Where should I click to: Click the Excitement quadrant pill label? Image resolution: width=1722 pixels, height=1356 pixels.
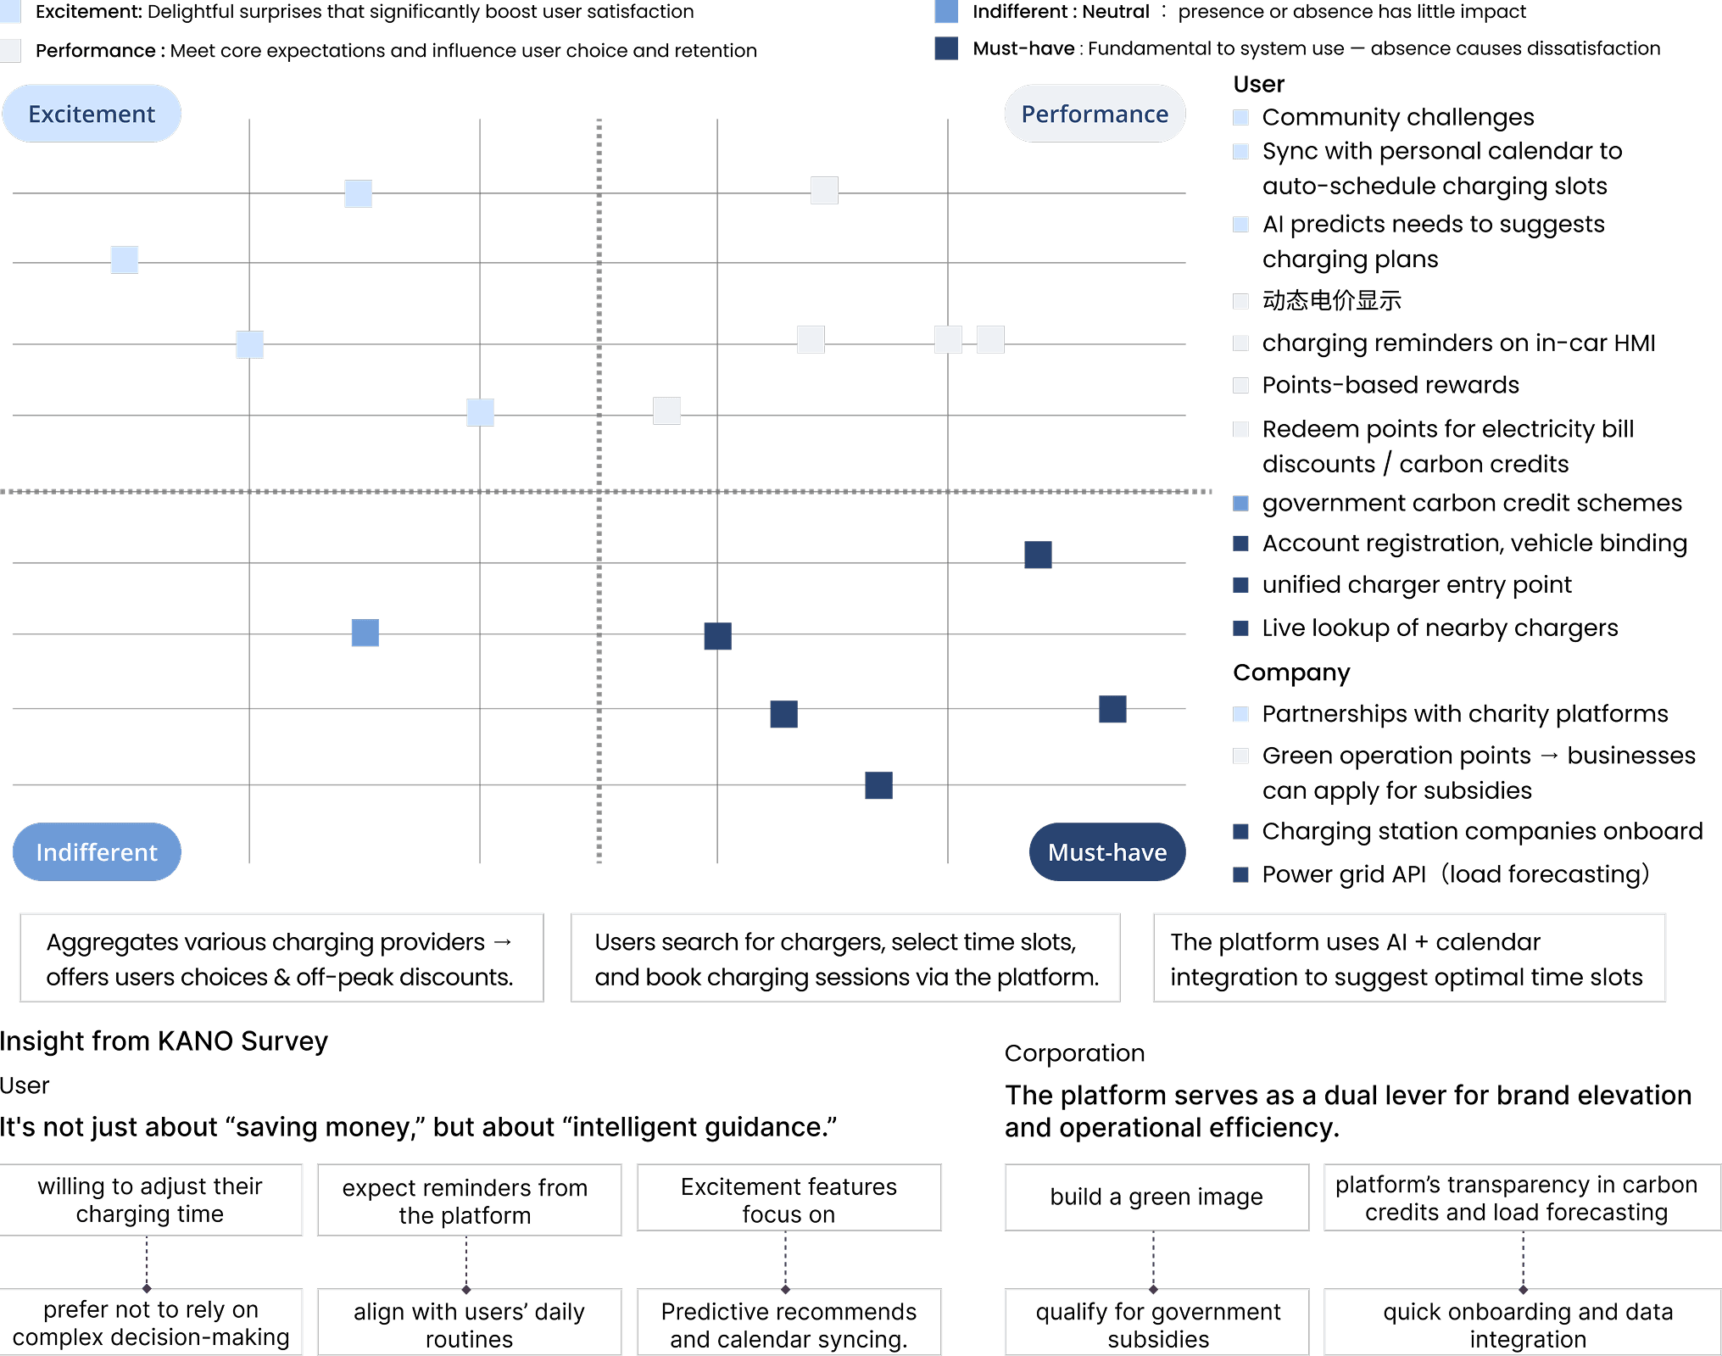pyautogui.click(x=92, y=114)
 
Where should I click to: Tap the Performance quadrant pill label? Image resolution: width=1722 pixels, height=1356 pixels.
pyautogui.click(x=1094, y=114)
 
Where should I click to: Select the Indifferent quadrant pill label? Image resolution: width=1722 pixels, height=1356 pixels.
pyautogui.click(x=97, y=851)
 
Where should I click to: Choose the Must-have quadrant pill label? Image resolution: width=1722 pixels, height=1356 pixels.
pyautogui.click(x=1106, y=851)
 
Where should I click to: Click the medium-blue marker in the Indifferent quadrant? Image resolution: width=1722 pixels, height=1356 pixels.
pyautogui.click(x=365, y=633)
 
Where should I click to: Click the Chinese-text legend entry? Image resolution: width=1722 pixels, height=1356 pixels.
pyautogui.click(x=1331, y=300)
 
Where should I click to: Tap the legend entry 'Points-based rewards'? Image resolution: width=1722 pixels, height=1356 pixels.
pyautogui.click(x=1390, y=385)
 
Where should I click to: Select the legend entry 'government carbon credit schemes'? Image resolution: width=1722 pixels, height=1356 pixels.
pyautogui.click(x=1471, y=503)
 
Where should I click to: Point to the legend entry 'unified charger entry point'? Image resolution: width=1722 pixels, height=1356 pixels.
pyautogui.click(x=1416, y=585)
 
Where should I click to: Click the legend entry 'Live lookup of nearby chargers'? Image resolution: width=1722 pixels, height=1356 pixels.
pyautogui.click(x=1440, y=628)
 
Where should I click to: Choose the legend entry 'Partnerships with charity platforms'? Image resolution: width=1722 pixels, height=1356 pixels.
pyautogui.click(x=1464, y=714)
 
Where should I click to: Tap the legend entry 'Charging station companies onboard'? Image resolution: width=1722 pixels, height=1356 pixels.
pyautogui.click(x=1481, y=831)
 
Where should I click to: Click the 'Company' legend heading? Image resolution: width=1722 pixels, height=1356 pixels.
pyautogui.click(x=1290, y=672)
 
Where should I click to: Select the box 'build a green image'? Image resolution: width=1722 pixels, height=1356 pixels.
pyautogui.click(x=1156, y=1197)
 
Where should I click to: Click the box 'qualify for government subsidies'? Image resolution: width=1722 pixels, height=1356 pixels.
pyautogui.click(x=1157, y=1324)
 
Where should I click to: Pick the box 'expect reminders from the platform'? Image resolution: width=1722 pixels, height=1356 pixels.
pyautogui.click(x=465, y=1201)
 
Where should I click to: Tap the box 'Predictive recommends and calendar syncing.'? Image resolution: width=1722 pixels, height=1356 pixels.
pyautogui.click(x=789, y=1324)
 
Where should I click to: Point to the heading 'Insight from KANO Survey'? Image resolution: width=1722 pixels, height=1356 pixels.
pyautogui.click(x=164, y=1041)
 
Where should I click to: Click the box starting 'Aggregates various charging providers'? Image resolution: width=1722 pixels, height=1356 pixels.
pyautogui.click(x=281, y=958)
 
